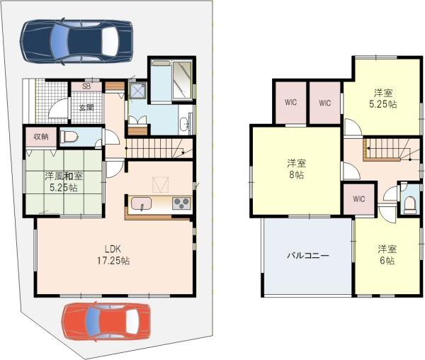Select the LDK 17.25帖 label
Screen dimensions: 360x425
(x=113, y=255)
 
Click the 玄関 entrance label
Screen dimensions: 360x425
(x=86, y=108)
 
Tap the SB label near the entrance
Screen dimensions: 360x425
(x=86, y=86)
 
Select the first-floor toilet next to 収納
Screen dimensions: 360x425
(x=69, y=137)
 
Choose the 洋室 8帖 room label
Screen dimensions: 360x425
(x=296, y=167)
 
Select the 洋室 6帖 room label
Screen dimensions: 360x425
(x=386, y=254)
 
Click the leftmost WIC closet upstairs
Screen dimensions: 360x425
(x=291, y=102)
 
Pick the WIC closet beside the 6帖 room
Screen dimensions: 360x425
(x=358, y=198)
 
